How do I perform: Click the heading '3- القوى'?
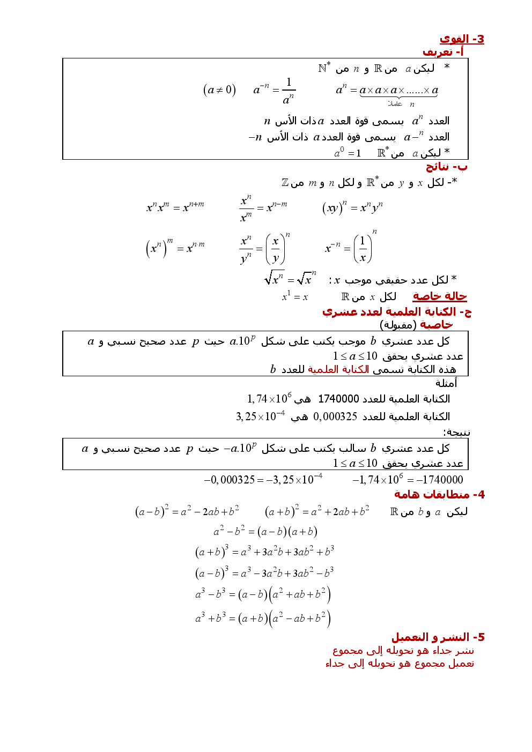point(461,39)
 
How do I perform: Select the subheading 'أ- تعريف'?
point(442,52)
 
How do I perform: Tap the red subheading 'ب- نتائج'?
point(446,167)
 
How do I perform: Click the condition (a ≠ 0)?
point(219,90)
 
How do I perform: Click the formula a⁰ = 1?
point(348,153)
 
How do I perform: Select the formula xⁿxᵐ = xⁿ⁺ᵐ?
point(175,207)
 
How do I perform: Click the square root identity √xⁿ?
point(290,279)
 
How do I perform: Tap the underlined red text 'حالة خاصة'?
point(439,296)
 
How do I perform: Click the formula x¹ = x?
point(295,296)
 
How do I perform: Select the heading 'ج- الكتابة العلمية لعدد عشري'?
point(396,312)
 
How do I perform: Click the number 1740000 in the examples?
point(338,399)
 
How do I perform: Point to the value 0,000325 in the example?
point(335,416)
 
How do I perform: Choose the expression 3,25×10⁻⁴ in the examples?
point(261,416)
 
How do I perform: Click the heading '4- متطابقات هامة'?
point(439,494)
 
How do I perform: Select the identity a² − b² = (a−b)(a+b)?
point(265,531)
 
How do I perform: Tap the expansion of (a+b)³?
point(264,551)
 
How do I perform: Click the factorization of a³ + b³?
point(263,619)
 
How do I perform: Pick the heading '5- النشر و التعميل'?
point(438,637)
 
